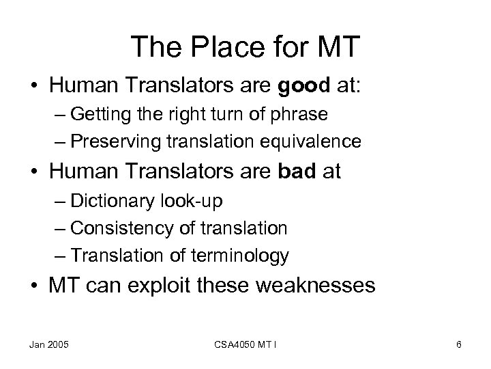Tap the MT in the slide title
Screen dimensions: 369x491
click(336, 47)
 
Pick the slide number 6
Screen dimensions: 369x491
click(459, 344)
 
